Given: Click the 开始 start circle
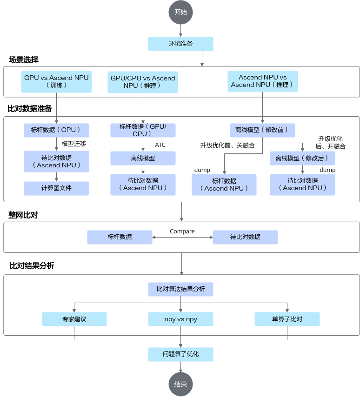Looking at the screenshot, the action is [x=180, y=12].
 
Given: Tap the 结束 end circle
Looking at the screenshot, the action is [x=180, y=384].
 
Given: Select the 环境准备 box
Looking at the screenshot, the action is [x=180, y=44].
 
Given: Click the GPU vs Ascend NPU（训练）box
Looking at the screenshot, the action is [x=56, y=81].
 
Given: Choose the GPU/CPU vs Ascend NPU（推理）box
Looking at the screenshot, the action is [x=143, y=82].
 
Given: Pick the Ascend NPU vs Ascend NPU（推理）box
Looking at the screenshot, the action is [x=263, y=81].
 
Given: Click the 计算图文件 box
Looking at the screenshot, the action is [x=56, y=188].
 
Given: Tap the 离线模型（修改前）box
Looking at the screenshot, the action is [x=262, y=130].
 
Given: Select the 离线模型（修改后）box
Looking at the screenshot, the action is [x=302, y=158].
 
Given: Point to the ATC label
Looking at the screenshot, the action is [x=160, y=145].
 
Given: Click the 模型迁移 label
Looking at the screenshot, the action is [x=74, y=144].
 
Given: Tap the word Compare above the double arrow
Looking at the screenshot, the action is [x=182, y=231].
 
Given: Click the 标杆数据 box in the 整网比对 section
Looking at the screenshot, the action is [x=120, y=237].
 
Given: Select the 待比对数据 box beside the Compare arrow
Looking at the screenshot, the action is [x=245, y=237].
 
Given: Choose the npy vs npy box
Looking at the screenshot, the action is [x=180, y=319].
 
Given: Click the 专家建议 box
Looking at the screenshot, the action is [x=74, y=319].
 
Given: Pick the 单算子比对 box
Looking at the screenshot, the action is [x=287, y=319].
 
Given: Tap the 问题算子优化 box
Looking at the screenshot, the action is [x=180, y=354].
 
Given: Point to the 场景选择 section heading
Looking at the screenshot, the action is [x=24, y=60].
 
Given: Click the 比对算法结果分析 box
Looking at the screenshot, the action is [x=180, y=289].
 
